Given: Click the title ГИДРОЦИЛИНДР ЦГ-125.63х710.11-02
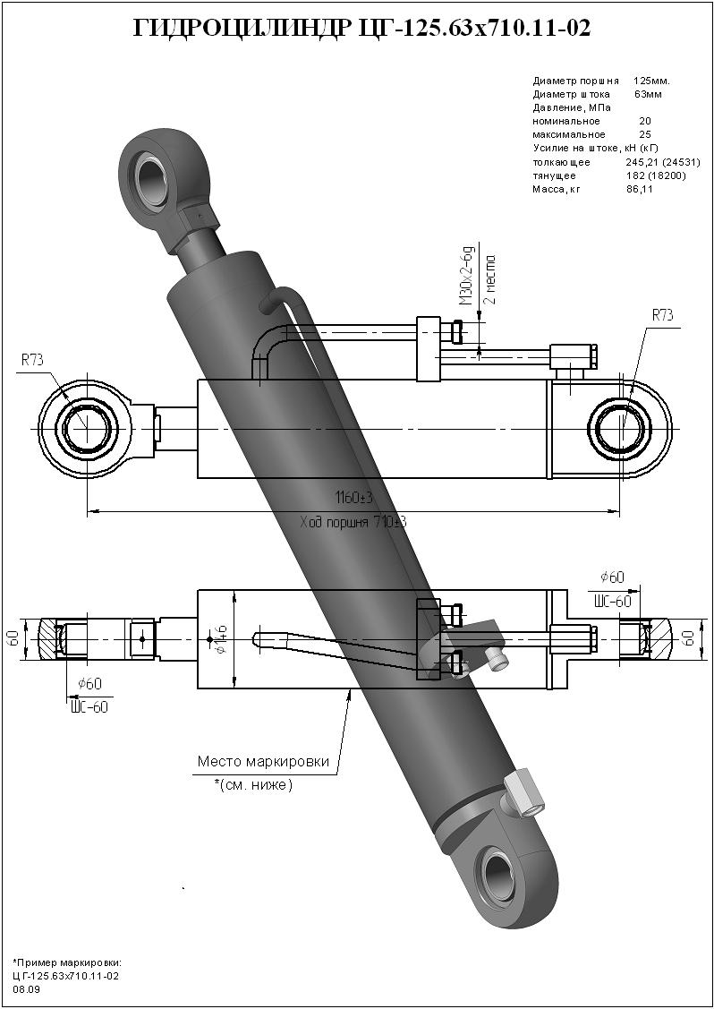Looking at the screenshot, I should pos(361,29).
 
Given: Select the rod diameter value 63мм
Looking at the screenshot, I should pos(648,94).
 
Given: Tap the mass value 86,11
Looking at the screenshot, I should pos(640,189).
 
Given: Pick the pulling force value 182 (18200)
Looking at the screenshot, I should pos(656,175).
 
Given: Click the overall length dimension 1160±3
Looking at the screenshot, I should pos(353,497).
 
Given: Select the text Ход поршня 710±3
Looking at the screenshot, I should pos(353,521).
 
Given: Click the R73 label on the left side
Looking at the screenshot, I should pos(33,359).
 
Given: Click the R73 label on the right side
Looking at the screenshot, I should pos(662,315).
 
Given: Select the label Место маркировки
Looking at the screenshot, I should pos(263,762).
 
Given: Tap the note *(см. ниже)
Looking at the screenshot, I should pos(254,785).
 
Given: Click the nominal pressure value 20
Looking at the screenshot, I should pos(645,121).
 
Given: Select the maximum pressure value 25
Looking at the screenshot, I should pos(645,134).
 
